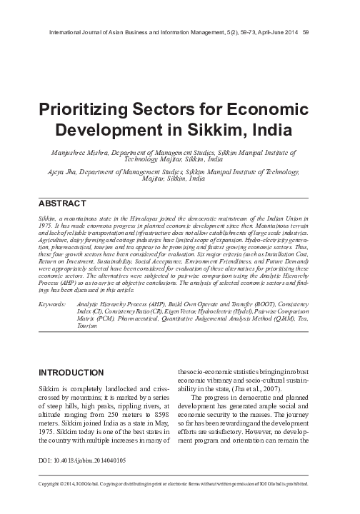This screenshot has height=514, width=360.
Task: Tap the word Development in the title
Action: (129, 133)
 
